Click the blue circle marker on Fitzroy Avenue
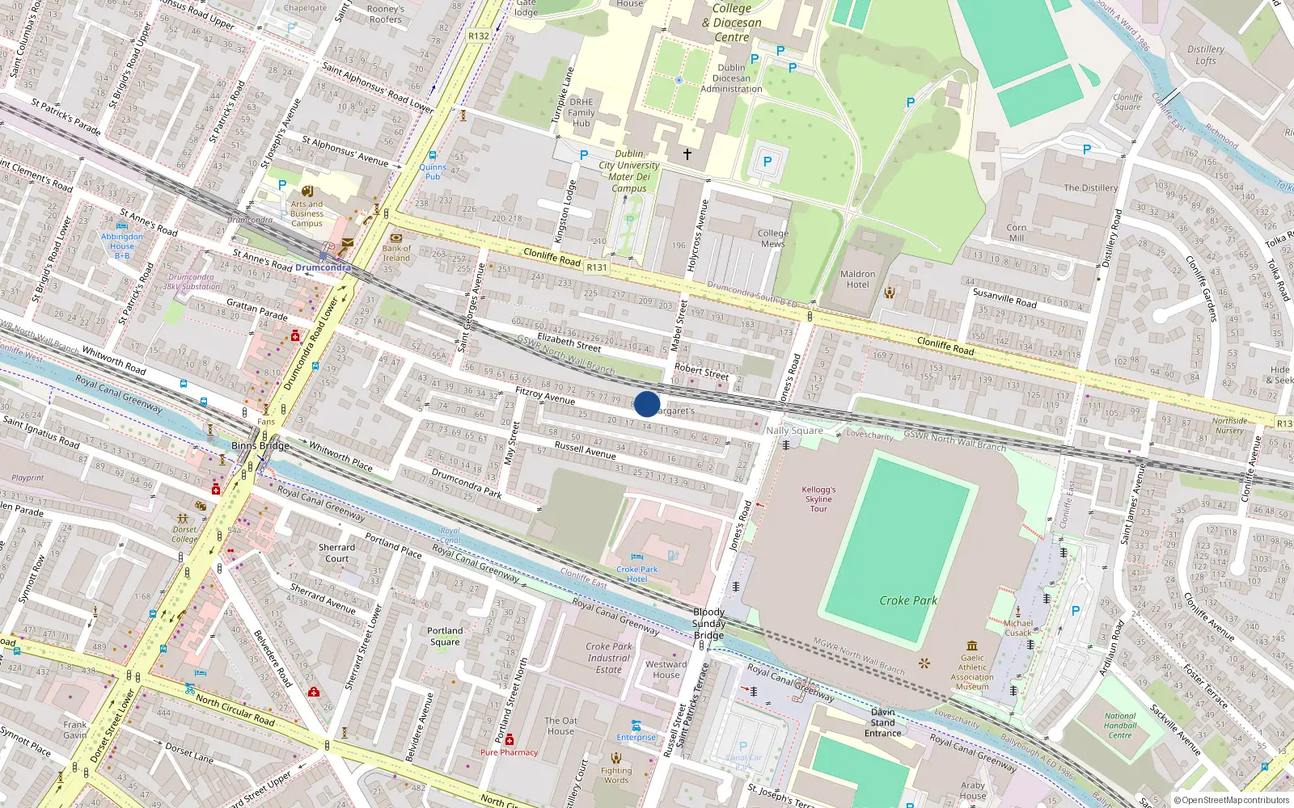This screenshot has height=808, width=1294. tap(647, 404)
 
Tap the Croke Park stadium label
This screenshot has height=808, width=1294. tap(908, 600)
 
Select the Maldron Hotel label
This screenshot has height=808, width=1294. tap(857, 279)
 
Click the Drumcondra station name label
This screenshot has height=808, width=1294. tap(323, 267)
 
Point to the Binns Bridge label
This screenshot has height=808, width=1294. tap(260, 445)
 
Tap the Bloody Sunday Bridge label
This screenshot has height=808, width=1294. tap(708, 623)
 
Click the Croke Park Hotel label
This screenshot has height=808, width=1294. tap(637, 574)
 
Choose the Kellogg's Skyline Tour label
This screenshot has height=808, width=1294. tap(818, 499)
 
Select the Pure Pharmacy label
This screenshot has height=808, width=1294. tap(509, 752)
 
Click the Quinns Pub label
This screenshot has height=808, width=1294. tap(433, 171)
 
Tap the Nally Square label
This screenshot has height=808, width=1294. tap(794, 431)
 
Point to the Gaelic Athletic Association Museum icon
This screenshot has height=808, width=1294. tap(972, 646)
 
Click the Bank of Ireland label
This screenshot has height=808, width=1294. tap(396, 253)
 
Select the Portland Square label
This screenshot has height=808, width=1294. tap(445, 636)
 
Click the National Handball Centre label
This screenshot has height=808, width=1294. tap(1120, 725)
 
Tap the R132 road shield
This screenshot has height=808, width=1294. tap(479, 36)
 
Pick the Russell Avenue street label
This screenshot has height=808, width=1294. tap(585, 450)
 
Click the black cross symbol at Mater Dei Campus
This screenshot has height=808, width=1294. tap(687, 154)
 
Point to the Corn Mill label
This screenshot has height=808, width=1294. tap(1017, 233)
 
